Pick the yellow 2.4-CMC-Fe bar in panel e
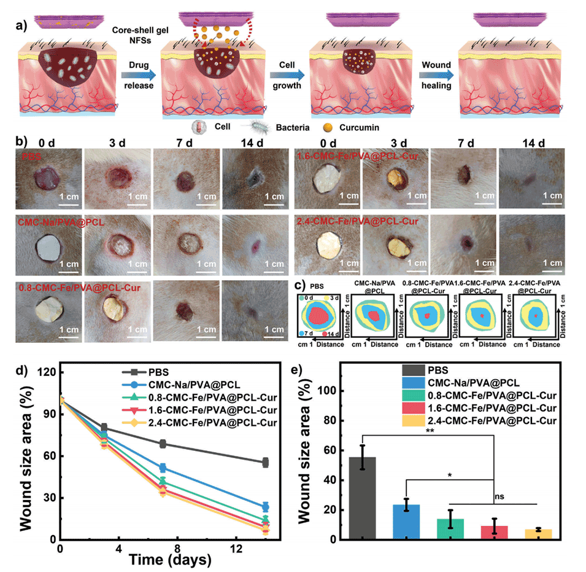pos(538,534)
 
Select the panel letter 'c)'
pos(299,285)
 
